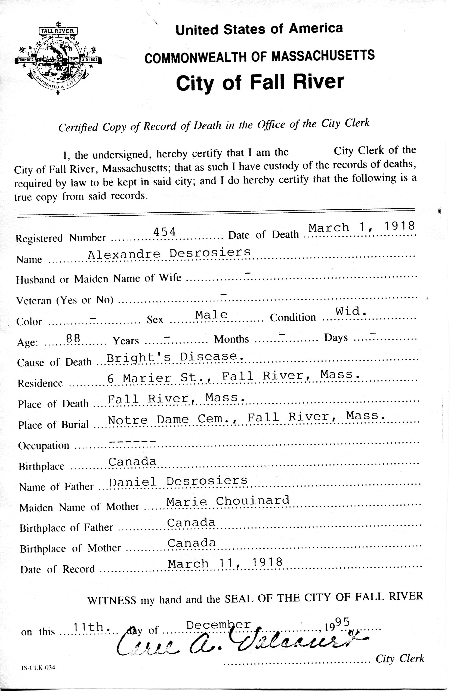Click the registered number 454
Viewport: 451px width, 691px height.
click(x=165, y=232)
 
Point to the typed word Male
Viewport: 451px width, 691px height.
click(x=211, y=315)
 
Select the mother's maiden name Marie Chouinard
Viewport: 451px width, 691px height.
click(x=228, y=502)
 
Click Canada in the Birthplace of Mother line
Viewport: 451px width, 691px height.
click(x=192, y=543)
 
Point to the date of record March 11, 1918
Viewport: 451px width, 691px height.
click(x=225, y=564)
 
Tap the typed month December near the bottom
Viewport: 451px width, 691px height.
click(x=218, y=625)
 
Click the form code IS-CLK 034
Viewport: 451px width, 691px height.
click(x=38, y=668)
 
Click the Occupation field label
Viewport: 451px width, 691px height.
click(x=44, y=446)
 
